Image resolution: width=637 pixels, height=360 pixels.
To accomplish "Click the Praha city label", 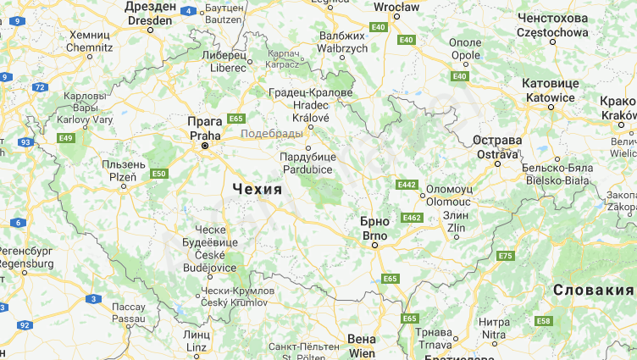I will (x=205, y=128).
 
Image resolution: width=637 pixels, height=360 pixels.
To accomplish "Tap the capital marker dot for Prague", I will (x=204, y=147).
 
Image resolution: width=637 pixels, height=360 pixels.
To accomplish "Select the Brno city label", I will (x=374, y=229).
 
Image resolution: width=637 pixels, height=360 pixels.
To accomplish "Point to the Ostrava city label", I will (x=496, y=147).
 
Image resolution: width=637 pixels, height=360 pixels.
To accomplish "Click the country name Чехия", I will (x=255, y=189).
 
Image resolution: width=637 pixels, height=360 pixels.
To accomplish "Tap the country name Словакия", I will (x=593, y=291).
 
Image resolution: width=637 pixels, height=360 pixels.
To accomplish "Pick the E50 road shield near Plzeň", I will (x=158, y=174).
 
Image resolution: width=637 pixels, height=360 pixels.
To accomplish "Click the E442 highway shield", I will (x=407, y=184).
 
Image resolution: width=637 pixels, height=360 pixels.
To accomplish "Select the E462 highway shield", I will (x=412, y=218).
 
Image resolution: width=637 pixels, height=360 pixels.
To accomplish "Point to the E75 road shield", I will (x=506, y=256).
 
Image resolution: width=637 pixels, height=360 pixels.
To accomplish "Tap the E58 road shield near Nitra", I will (x=543, y=321).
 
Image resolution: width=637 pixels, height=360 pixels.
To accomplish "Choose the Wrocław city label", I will (x=396, y=8).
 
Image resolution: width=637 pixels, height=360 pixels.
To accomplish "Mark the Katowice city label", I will (x=550, y=91).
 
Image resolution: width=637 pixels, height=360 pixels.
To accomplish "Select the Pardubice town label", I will (x=308, y=163).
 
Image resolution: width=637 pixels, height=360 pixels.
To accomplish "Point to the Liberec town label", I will (x=224, y=60).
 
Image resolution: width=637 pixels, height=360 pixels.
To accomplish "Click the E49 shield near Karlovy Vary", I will (x=66, y=138).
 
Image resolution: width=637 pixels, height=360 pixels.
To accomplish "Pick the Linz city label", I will (x=196, y=341).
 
